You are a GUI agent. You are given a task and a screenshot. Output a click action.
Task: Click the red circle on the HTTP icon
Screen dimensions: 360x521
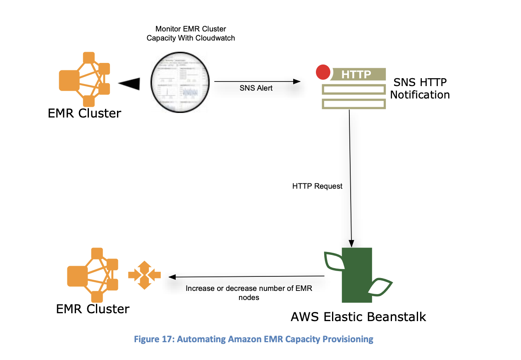[323, 72]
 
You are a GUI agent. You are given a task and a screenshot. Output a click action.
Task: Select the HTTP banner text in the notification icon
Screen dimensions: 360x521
[356, 74]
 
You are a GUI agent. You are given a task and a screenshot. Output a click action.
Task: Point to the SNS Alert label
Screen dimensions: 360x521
[256, 88]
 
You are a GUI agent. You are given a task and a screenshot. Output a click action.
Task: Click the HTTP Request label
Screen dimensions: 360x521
[317, 186]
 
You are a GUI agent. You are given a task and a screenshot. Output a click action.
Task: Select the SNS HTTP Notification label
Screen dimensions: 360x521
[420, 88]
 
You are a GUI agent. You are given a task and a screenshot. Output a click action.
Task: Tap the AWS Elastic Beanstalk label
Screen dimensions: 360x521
[358, 317]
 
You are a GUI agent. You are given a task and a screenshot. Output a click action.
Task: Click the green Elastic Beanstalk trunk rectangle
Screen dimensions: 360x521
[357, 275]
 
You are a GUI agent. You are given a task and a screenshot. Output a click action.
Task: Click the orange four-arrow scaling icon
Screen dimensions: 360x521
[144, 275]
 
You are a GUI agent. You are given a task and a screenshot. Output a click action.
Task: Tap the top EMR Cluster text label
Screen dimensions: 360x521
[84, 113]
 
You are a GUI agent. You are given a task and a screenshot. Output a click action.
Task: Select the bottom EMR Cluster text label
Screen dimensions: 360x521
[93, 309]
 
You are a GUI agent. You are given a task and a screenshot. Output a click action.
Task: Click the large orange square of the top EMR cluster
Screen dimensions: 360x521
[69, 80]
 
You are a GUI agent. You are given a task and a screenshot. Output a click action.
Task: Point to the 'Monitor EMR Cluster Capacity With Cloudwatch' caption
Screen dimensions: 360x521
[191, 34]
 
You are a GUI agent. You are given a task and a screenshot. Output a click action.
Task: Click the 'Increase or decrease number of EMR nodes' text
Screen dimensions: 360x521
[249, 293]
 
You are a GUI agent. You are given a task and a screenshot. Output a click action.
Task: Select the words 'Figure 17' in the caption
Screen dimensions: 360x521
[153, 340]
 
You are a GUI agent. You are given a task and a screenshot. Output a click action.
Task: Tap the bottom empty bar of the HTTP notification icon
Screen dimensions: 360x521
[354, 103]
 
